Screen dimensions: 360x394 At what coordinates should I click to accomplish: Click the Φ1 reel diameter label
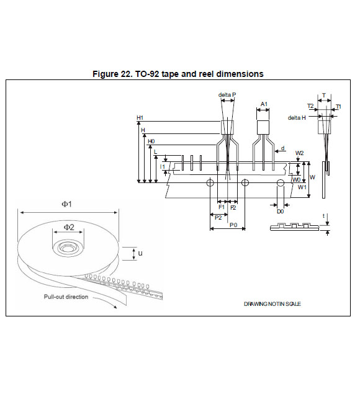point(66,204)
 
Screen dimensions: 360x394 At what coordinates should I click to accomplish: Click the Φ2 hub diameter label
point(69,227)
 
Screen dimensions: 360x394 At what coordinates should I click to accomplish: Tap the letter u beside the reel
point(140,253)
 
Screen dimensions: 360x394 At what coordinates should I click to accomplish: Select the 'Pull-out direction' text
point(66,297)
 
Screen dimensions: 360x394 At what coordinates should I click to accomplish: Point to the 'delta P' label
point(227,95)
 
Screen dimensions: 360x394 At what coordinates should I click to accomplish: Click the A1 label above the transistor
point(264,104)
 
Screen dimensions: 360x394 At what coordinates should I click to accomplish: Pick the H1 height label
point(140,118)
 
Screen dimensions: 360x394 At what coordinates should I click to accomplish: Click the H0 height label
point(151,141)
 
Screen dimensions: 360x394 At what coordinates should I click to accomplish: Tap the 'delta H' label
point(297,118)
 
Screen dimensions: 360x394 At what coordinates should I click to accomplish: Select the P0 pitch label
point(233,225)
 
